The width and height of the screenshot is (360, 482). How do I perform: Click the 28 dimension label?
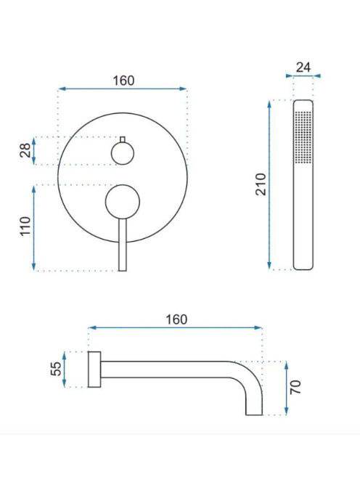pyautogui.click(x=25, y=151)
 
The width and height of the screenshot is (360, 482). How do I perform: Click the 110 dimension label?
pyautogui.click(x=25, y=226)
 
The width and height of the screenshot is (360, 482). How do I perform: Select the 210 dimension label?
pyautogui.click(x=261, y=184)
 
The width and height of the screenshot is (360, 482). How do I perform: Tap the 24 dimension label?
pyautogui.click(x=303, y=68)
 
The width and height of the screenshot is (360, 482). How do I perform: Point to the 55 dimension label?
pyautogui.click(x=56, y=369)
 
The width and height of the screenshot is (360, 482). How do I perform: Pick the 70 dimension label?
pyautogui.click(x=295, y=388)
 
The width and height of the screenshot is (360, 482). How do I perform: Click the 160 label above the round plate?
pyautogui.click(x=123, y=81)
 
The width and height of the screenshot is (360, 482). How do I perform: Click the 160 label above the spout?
pyautogui.click(x=176, y=319)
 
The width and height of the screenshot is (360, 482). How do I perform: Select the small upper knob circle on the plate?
pyautogui.click(x=123, y=153)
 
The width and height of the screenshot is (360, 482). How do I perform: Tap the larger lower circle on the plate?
pyautogui.click(x=123, y=202)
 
